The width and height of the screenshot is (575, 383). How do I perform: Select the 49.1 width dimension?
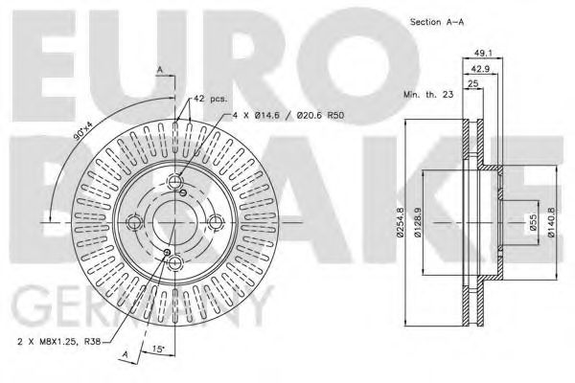pos(483,54)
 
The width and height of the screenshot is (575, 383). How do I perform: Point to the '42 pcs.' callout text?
pos(210,99)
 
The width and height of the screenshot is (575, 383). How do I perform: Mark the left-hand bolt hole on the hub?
pos(133,223)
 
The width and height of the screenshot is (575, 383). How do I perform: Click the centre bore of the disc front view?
pos(173,223)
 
